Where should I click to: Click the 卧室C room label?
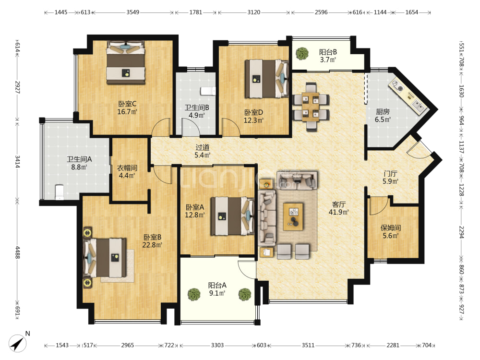127,104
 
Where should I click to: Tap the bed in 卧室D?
266,79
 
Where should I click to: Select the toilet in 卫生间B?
208,91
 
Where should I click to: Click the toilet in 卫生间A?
59,192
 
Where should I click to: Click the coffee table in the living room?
293,216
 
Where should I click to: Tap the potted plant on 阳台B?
302,53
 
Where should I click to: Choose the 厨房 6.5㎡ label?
383,115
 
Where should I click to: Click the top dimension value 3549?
133,12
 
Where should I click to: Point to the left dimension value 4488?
17,252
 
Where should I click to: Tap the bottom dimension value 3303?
217,345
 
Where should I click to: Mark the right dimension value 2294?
461,232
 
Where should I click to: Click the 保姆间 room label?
391,228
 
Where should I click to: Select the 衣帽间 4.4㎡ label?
127,171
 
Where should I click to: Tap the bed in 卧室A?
232,216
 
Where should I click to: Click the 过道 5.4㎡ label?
203,151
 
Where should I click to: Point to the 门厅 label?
390,174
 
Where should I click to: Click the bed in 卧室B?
105,258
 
